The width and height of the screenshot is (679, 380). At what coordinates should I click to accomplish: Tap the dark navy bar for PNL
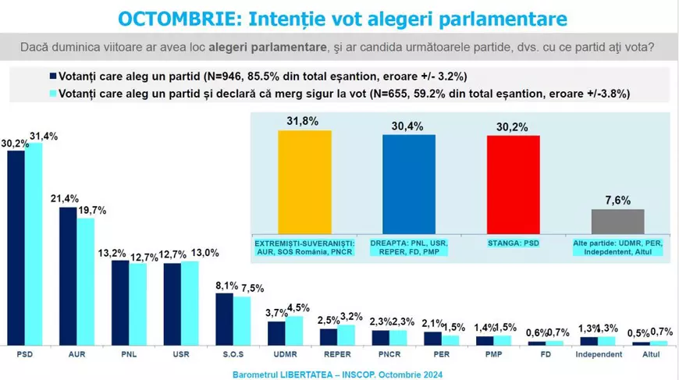pyautogui.click(x=120, y=303)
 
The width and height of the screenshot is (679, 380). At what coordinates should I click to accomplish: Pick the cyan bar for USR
pyautogui.click(x=190, y=303)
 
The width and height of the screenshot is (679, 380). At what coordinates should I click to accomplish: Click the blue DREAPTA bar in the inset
pyautogui.click(x=408, y=183)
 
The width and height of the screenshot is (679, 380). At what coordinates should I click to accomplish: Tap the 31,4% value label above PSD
pyautogui.click(x=44, y=137)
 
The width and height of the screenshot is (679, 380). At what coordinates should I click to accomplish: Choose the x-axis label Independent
pyautogui.click(x=599, y=354)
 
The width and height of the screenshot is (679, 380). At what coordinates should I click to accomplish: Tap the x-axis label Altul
pyautogui.click(x=650, y=354)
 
